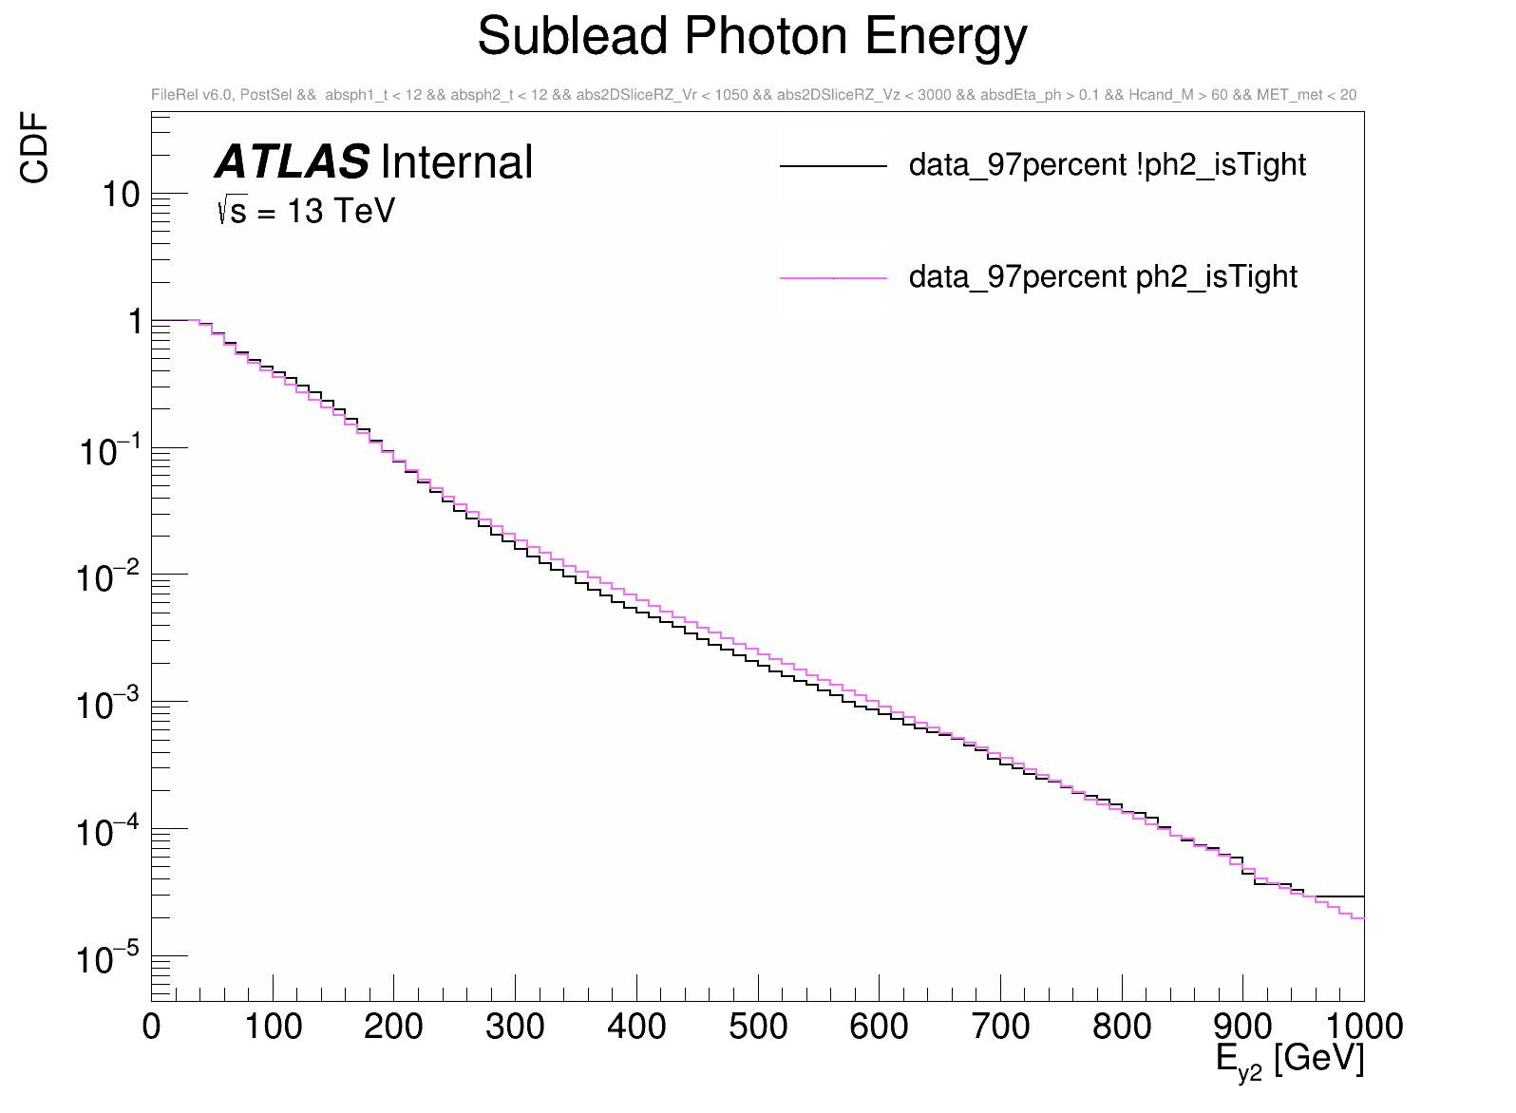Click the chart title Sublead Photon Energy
[752, 38]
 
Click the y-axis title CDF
[35, 147]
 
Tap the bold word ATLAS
[292, 162]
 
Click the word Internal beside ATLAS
[456, 162]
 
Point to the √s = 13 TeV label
[306, 211]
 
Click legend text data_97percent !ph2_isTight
[1107, 165]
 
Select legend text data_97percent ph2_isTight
[1103, 277]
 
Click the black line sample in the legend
[833, 167]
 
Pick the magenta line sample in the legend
[833, 278]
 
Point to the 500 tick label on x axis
[758, 1027]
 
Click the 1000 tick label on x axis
[1363, 1027]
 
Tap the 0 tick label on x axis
[152, 1027]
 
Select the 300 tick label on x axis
[515, 1027]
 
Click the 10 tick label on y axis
[121, 195]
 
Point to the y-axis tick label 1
[134, 322]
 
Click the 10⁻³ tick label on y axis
[108, 705]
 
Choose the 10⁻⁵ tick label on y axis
[108, 958]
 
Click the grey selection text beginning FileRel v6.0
[753, 95]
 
